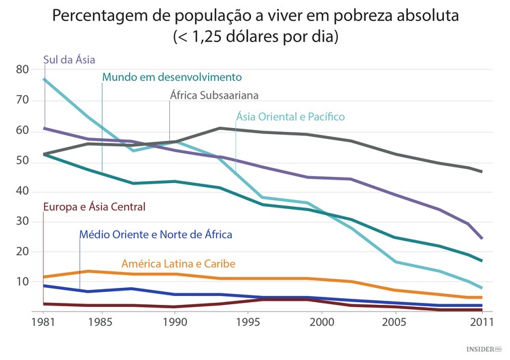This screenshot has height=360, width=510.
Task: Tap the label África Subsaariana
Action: point(214,95)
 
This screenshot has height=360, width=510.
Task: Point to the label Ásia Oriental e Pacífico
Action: point(290,117)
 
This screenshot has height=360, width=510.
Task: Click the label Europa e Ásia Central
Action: point(94,207)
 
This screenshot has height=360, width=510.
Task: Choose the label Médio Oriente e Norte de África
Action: point(156,235)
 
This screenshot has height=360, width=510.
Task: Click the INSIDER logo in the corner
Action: point(483,349)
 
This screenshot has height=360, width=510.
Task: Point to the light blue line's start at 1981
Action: point(44,80)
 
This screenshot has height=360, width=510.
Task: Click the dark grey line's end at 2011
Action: point(482,171)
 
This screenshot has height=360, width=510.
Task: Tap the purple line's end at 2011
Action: point(482,238)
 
